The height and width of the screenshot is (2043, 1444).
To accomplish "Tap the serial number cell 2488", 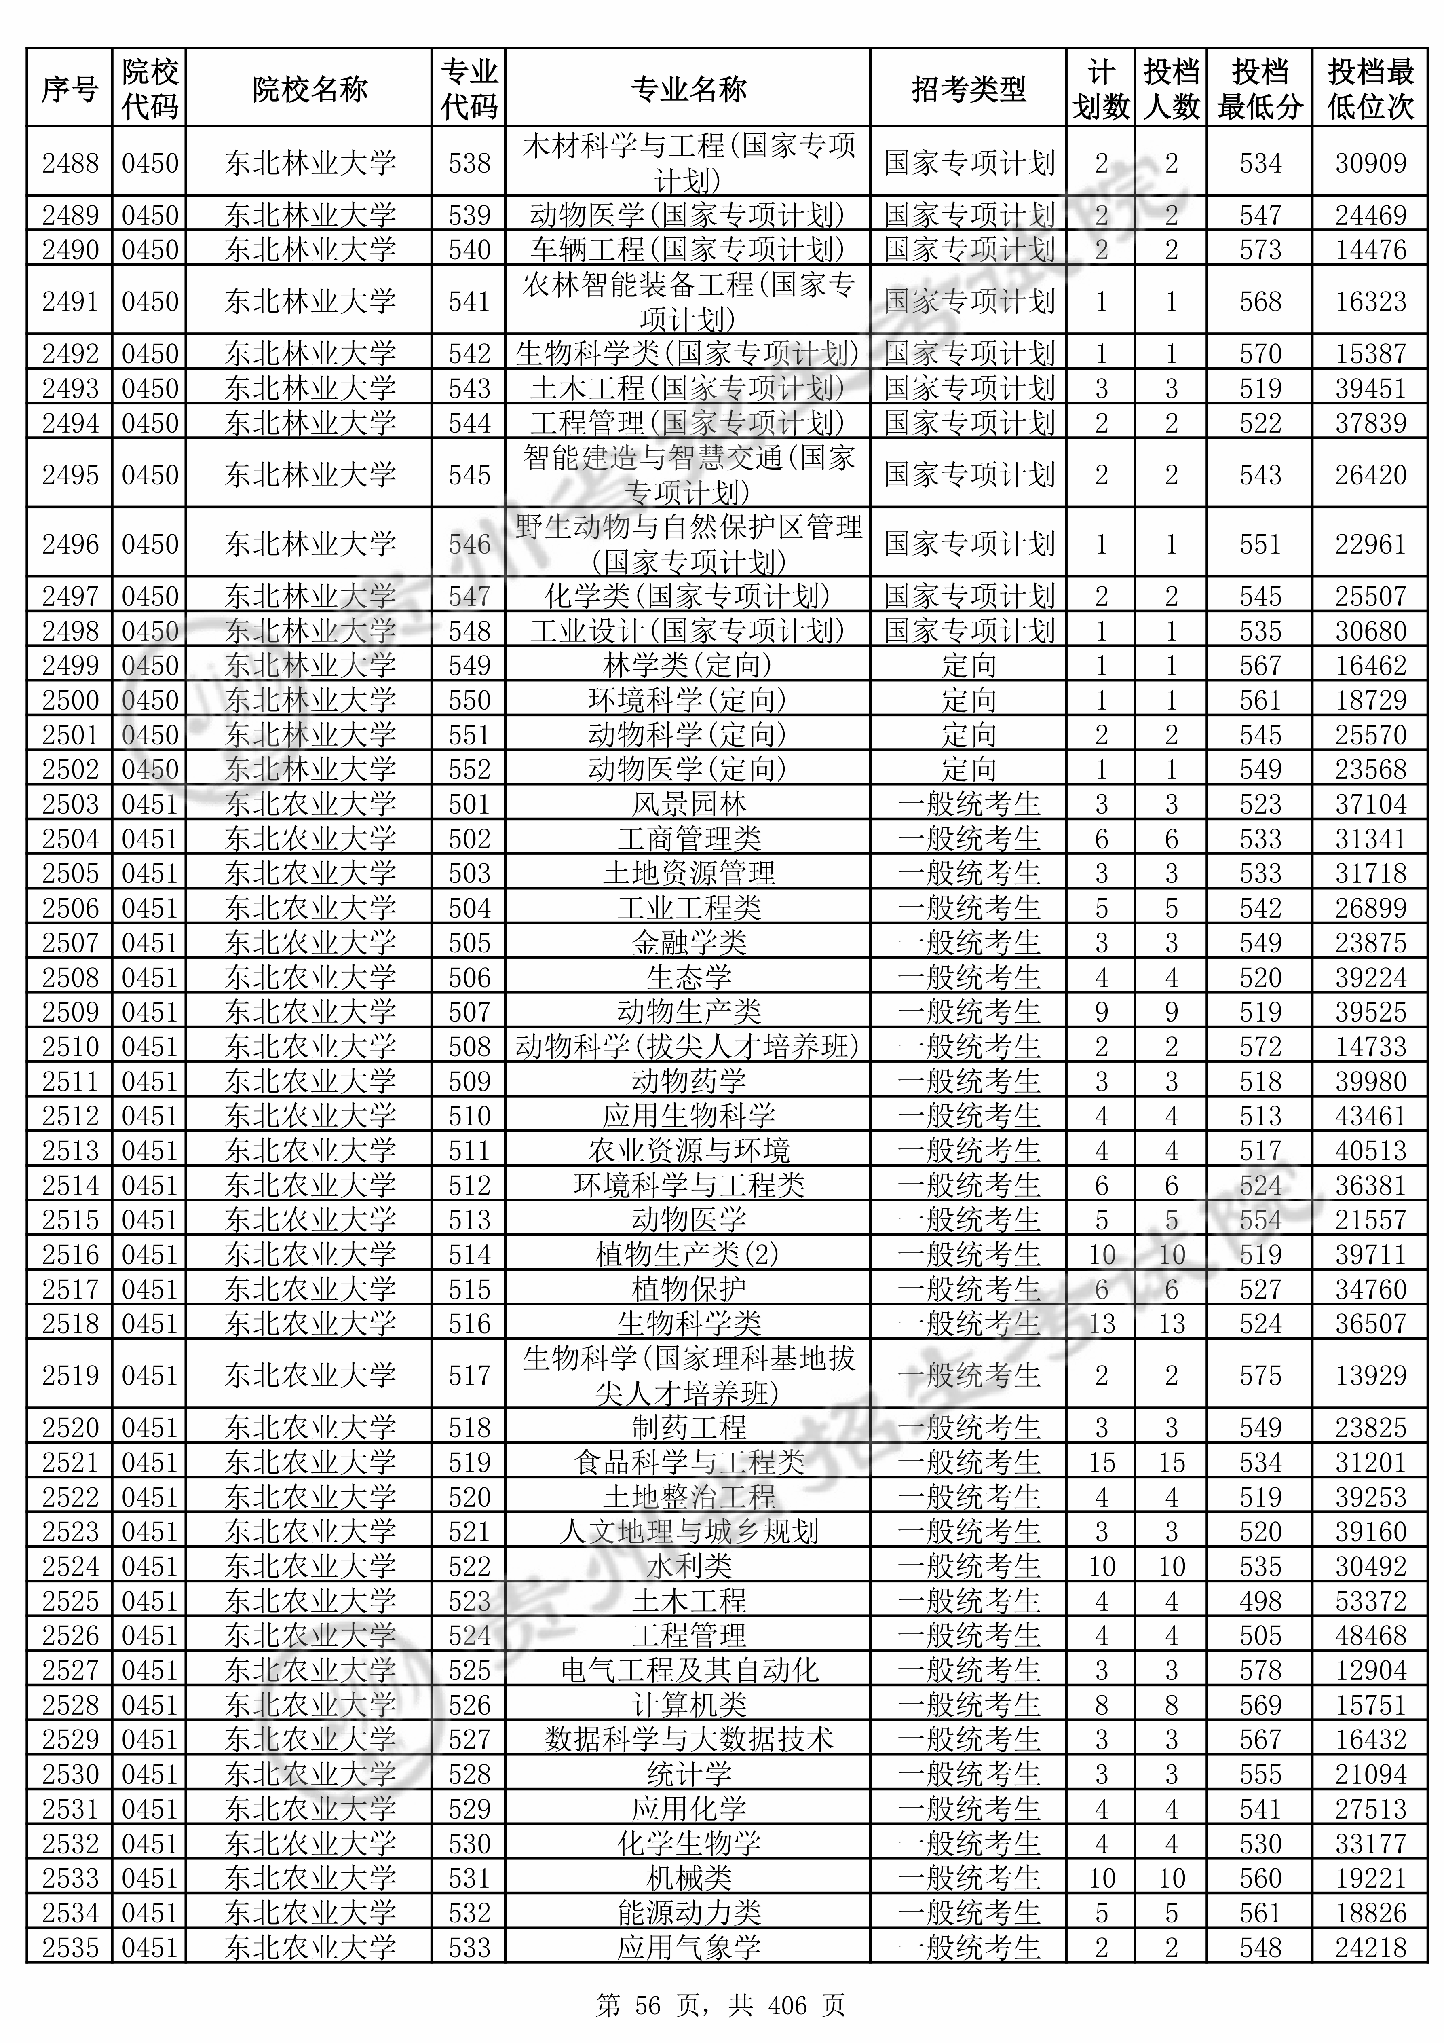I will pos(70,163).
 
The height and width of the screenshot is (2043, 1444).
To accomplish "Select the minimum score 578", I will pos(1260,1670).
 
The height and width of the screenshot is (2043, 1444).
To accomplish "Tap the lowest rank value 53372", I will pos(1370,1601).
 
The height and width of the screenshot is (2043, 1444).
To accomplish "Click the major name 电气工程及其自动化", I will pos(688,1670).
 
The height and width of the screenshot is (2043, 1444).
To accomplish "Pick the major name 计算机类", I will pos(688,1705).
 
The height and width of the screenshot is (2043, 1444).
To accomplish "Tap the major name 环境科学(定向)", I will pos(688,700).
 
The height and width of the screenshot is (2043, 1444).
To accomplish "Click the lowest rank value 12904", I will pos(1370,1670).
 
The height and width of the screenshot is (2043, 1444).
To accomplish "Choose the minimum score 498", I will pos(1260,1601).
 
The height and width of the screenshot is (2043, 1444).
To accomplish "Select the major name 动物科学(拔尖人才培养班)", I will pos(688,1047).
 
